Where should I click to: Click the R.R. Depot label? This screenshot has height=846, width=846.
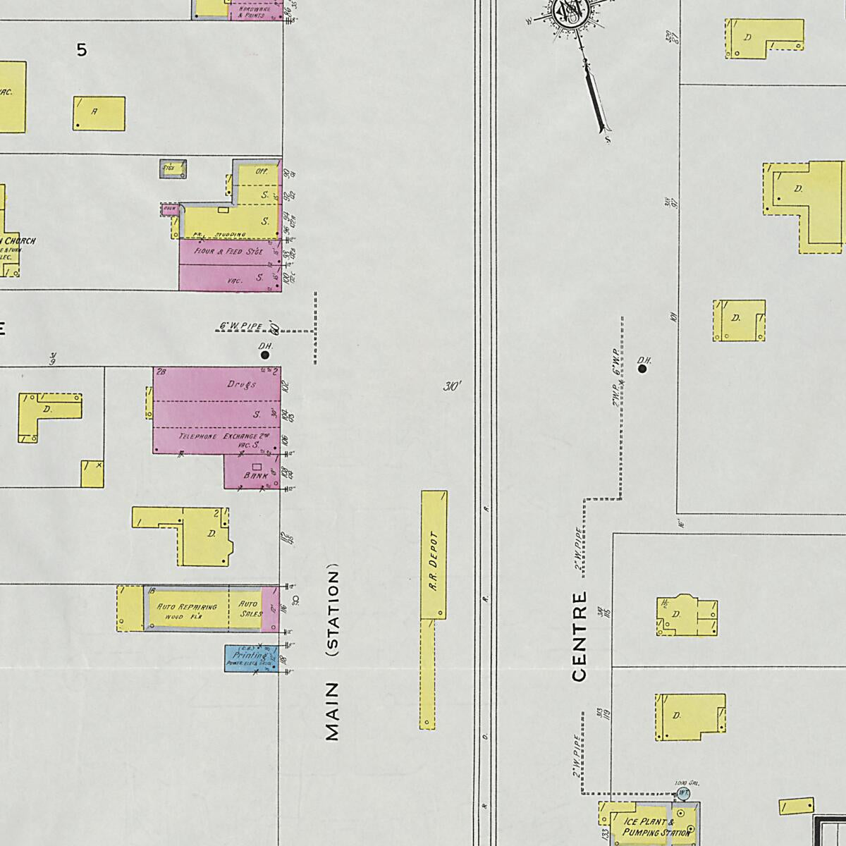(434, 560)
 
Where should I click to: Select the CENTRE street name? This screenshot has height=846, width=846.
(580, 637)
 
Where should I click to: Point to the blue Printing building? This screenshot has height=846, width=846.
(250, 658)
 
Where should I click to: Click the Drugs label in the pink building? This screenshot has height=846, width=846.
(241, 385)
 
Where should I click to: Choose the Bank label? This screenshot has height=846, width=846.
(255, 476)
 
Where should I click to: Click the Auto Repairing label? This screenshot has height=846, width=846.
(187, 607)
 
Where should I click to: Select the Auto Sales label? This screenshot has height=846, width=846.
(249, 608)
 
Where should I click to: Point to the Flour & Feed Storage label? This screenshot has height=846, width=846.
(228, 250)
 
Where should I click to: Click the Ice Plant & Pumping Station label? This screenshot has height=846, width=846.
(649, 827)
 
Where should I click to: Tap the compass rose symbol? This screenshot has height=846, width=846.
(568, 12)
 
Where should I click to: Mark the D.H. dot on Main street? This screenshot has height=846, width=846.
(265, 355)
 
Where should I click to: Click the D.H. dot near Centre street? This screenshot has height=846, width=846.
(642, 369)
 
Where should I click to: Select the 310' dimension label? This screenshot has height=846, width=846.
(452, 386)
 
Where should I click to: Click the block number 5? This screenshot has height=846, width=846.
(82, 50)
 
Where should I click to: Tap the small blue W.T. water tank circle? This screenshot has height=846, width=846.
(682, 792)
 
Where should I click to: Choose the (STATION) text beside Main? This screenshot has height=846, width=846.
(333, 611)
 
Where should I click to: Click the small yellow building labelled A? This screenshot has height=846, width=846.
(99, 114)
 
